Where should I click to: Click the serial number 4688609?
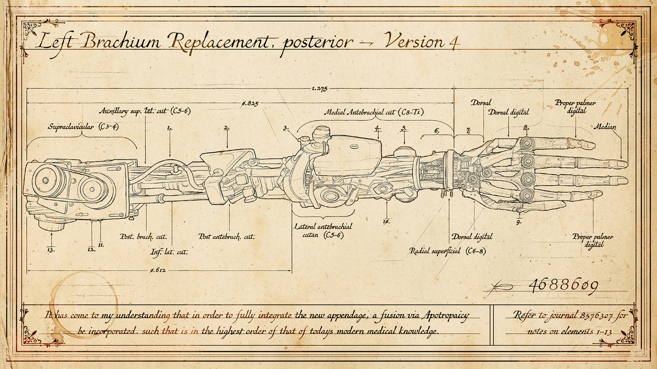[562, 285]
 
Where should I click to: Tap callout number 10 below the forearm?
[385, 222]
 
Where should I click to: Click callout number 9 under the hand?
[518, 222]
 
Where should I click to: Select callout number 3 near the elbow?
[286, 128]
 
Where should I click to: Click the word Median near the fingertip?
[605, 127]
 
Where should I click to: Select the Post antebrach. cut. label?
[227, 237]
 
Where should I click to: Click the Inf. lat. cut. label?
[169, 252]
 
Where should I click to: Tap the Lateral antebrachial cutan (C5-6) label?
[323, 231]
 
